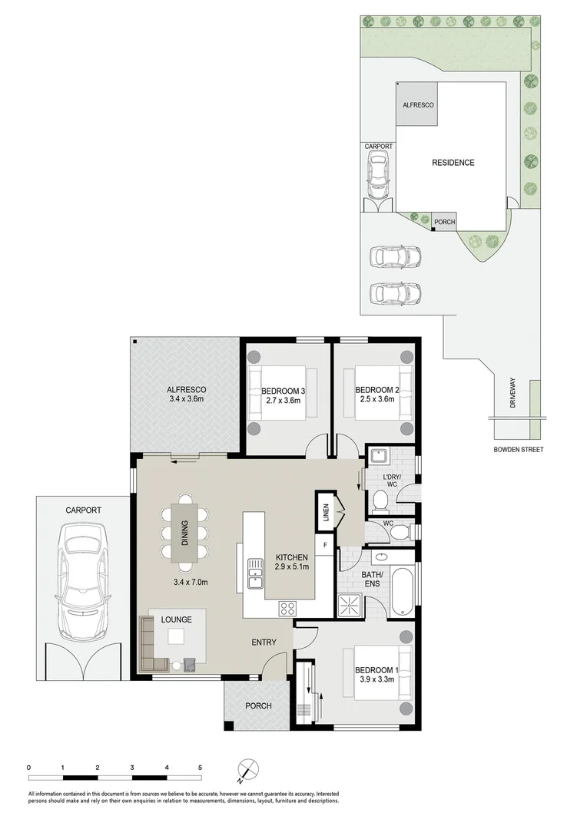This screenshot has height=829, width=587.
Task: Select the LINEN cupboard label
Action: pyautogui.click(x=325, y=510)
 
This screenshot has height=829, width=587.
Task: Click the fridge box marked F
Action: pyautogui.click(x=325, y=546)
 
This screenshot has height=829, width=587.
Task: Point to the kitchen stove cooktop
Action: pyautogui.click(x=287, y=608)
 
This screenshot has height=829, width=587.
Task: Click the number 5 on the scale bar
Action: pyautogui.click(x=201, y=767)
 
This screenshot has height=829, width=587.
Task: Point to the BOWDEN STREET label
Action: pyautogui.click(x=519, y=450)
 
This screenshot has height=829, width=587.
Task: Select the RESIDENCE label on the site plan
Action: pyautogui.click(x=453, y=163)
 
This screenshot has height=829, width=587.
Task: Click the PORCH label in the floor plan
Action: pyautogui.click(x=258, y=706)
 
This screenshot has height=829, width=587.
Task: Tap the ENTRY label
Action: pyautogui.click(x=264, y=642)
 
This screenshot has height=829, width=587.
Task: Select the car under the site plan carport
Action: pyautogui.click(x=377, y=174)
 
